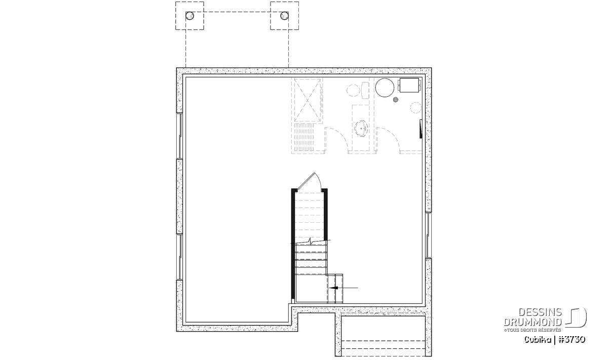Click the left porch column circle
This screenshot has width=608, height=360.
point(189,16)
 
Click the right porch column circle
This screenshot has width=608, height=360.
point(284,16)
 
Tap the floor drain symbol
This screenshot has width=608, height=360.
point(396,100)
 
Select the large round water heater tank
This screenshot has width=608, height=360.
point(385,88)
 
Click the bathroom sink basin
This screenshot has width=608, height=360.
point(362,128)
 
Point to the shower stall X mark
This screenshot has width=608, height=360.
point(308,100)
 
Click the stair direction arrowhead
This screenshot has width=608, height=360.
point(333,288)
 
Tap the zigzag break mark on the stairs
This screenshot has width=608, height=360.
point(311,241)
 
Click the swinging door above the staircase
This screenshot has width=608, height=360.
point(310,181)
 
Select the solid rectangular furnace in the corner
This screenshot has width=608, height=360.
point(409,85)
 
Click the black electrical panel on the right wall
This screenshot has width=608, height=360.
point(421,129)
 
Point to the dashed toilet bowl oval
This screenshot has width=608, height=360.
point(354,90)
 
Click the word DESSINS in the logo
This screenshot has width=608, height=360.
point(540,312)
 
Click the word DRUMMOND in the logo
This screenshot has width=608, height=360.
point(533,322)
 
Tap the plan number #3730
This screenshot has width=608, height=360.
point(572,340)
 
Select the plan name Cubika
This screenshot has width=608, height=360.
point(538,340)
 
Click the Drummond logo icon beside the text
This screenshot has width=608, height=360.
point(576,317)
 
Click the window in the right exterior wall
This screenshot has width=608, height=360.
point(428,235)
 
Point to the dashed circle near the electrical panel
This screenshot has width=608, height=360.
point(415,107)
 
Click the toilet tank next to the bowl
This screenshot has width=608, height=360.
point(365,90)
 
